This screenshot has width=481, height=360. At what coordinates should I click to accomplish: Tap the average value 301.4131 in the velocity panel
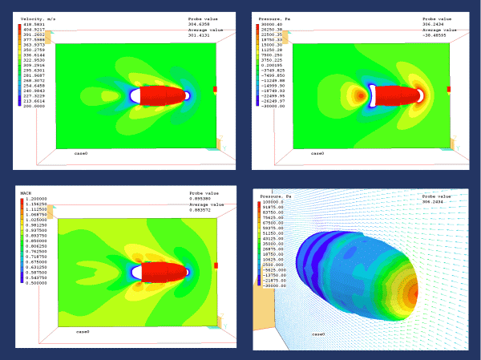click(x=199, y=35)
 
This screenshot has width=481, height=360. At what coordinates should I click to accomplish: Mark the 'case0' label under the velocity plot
click(x=81, y=152)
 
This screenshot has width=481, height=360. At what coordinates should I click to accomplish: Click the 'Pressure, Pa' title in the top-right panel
click(x=276, y=16)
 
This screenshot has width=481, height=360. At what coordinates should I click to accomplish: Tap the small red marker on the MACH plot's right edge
click(x=215, y=265)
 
